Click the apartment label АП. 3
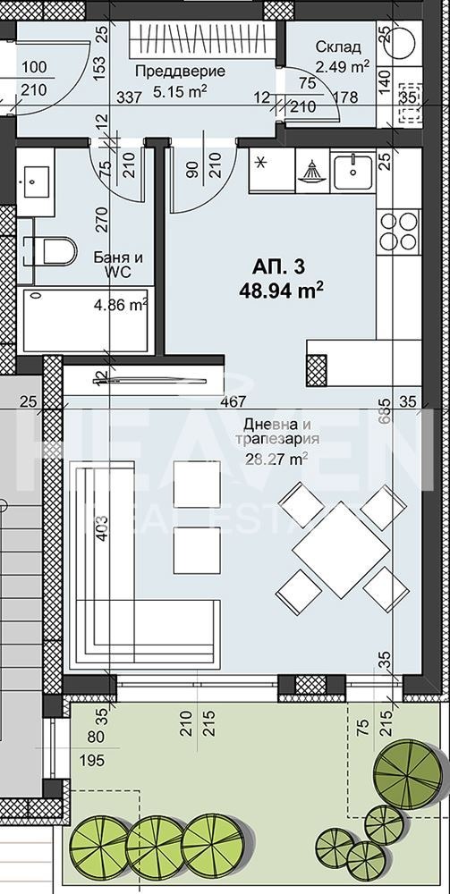[280, 266]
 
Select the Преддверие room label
[167, 71]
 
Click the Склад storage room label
[338, 47]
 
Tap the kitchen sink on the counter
[352, 171]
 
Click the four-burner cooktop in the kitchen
[397, 231]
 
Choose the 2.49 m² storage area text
[344, 65]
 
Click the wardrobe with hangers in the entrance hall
[205, 40]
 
